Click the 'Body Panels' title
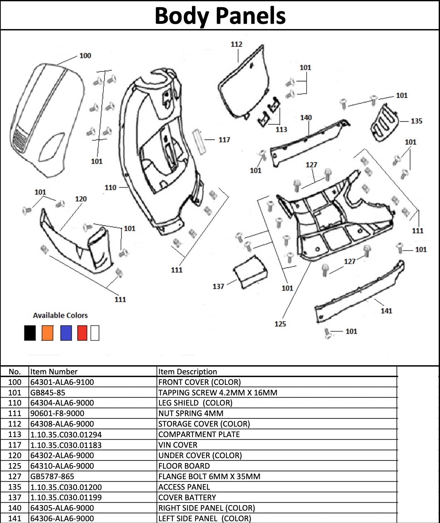220,16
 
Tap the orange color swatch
47,333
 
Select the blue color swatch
66,333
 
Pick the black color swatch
30,333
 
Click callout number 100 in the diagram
85,55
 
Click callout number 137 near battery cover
218,286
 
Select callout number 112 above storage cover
236,44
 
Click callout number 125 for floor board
280,324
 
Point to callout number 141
386,311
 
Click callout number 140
306,117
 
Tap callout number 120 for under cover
81,199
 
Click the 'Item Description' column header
187,372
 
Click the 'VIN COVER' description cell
178,445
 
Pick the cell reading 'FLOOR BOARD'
184,466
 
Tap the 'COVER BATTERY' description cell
187,497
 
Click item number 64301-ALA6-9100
62,382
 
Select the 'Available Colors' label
60,315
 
